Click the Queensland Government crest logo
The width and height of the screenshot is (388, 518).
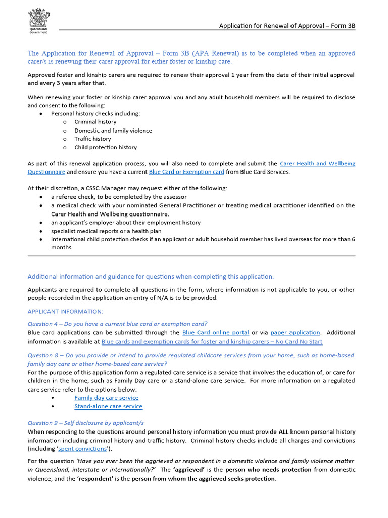(38, 20)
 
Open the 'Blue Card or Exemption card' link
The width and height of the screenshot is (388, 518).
(186, 172)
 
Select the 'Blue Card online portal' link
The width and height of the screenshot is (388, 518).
(215, 333)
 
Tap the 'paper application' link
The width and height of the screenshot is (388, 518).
(295, 333)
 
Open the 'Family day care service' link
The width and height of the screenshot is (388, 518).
(106, 398)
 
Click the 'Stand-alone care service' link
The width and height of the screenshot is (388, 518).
(108, 406)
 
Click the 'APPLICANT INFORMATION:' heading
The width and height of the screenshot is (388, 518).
(65, 311)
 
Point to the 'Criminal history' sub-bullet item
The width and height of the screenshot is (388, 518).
(95, 122)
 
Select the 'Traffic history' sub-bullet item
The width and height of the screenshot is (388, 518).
(92, 139)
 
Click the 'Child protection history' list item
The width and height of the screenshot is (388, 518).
(105, 147)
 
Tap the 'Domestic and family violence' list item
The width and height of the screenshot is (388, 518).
(113, 131)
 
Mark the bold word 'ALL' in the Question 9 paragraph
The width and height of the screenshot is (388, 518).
(285, 432)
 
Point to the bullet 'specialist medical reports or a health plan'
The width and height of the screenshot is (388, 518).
(106, 231)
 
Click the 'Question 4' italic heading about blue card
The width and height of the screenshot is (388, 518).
(117, 324)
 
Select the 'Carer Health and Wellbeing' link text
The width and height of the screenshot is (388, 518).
(317, 164)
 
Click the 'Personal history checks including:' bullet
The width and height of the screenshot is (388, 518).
(95, 114)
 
